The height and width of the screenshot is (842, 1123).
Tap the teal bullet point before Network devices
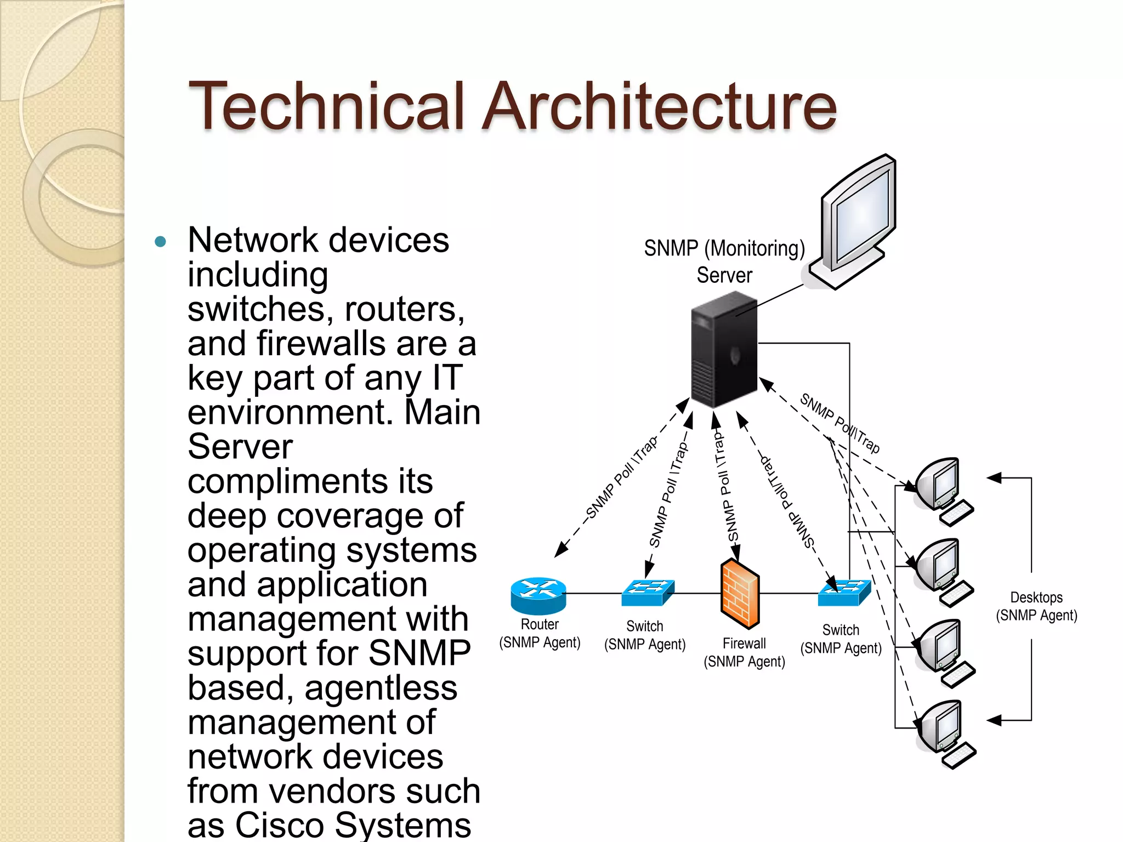tap(160, 242)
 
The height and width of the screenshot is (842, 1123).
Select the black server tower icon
tap(724, 351)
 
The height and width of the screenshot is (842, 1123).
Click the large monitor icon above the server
tap(855, 219)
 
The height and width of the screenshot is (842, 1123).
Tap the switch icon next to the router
tap(647, 593)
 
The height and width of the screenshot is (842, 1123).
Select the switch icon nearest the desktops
tap(844, 593)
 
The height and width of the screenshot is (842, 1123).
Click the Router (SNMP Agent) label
tap(540, 633)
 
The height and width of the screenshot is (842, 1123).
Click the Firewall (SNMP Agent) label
tap(744, 652)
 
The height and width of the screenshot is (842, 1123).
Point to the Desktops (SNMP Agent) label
tap(1036, 606)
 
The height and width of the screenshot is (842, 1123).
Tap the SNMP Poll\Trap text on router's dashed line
tap(621, 477)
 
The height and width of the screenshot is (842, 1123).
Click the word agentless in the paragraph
tap(381, 688)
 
